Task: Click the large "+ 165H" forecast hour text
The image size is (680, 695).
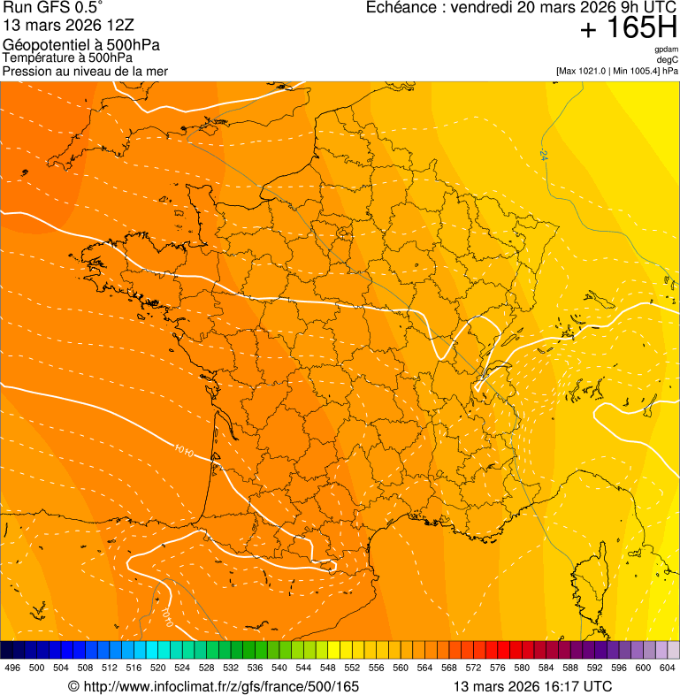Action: [x=629, y=28]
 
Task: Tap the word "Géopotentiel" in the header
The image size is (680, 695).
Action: [x=42, y=45]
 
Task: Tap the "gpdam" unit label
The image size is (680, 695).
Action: [x=667, y=50]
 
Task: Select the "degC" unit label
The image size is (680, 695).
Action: [x=668, y=60]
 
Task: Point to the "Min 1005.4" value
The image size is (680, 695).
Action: [x=637, y=71]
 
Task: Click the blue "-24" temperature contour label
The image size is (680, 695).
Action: [x=543, y=156]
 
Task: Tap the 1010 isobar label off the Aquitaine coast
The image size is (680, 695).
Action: [x=184, y=453]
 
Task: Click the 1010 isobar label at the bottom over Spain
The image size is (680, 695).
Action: [x=167, y=612]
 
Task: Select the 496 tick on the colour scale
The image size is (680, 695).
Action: [x=12, y=668]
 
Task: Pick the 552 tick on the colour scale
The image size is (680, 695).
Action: [x=352, y=668]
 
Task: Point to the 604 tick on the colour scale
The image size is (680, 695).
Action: [x=668, y=668]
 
